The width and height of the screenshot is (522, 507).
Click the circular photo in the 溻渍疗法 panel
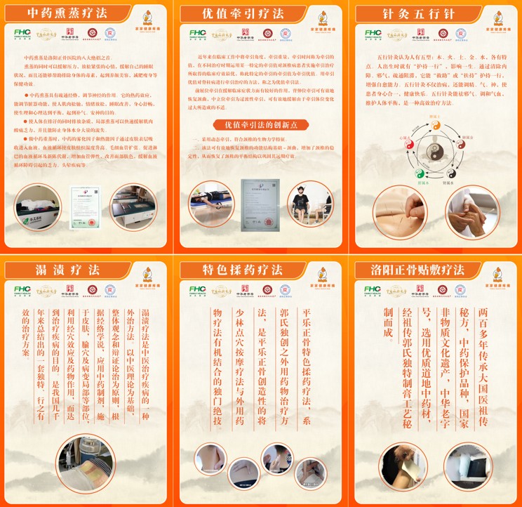pos(86,464)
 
